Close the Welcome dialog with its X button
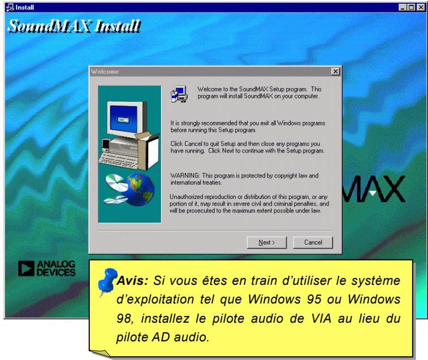[x=336, y=71]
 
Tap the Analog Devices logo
[x=54, y=269]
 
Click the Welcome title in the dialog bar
[x=102, y=71]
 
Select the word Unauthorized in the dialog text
[x=186, y=195]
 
